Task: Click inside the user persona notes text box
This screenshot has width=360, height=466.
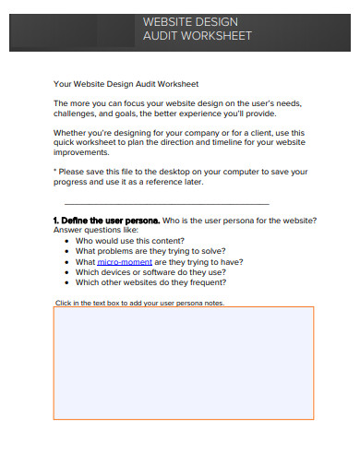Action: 183,363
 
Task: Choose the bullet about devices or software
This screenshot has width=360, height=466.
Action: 150,272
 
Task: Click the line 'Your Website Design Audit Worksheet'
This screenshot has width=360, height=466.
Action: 126,83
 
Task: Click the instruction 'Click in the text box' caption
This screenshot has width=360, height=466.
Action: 139,303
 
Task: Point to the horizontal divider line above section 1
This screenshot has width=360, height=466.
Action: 166,203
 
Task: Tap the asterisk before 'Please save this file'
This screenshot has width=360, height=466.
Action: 55,172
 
